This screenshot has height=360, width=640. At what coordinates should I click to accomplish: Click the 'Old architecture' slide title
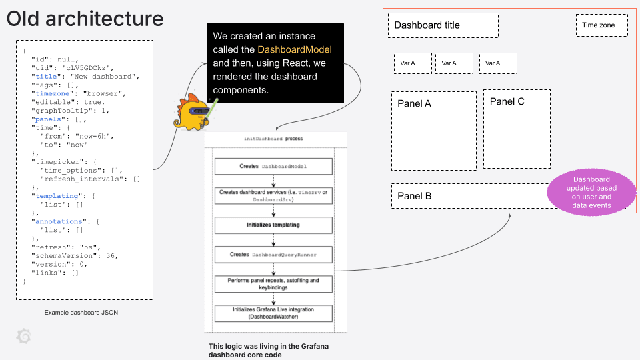[x=85, y=19]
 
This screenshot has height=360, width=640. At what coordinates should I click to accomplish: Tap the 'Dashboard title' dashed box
[x=443, y=25]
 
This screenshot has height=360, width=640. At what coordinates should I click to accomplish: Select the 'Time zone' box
[x=602, y=25]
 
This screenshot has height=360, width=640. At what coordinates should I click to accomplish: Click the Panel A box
[x=433, y=131]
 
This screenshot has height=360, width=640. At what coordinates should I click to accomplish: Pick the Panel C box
[x=517, y=129]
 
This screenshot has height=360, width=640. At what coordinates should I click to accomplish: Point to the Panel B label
[x=415, y=196]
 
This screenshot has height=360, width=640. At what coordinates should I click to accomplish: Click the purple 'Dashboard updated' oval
[x=591, y=192]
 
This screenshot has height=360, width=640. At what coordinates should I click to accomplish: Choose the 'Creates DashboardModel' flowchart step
[x=273, y=166]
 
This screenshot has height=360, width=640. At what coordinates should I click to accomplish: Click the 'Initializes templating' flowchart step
[x=273, y=225]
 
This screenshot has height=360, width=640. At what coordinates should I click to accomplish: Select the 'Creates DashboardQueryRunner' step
[x=273, y=255]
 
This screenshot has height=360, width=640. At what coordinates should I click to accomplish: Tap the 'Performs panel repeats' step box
[x=273, y=284]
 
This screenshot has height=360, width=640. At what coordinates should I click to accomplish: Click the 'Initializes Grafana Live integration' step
[x=273, y=313]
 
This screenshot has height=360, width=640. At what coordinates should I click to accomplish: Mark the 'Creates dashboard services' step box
[x=273, y=195]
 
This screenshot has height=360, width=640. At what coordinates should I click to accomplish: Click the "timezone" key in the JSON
[x=55, y=93]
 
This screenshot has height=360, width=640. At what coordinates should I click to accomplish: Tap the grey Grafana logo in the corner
[x=23, y=337]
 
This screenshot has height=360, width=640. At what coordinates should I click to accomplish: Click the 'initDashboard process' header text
[x=273, y=139]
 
